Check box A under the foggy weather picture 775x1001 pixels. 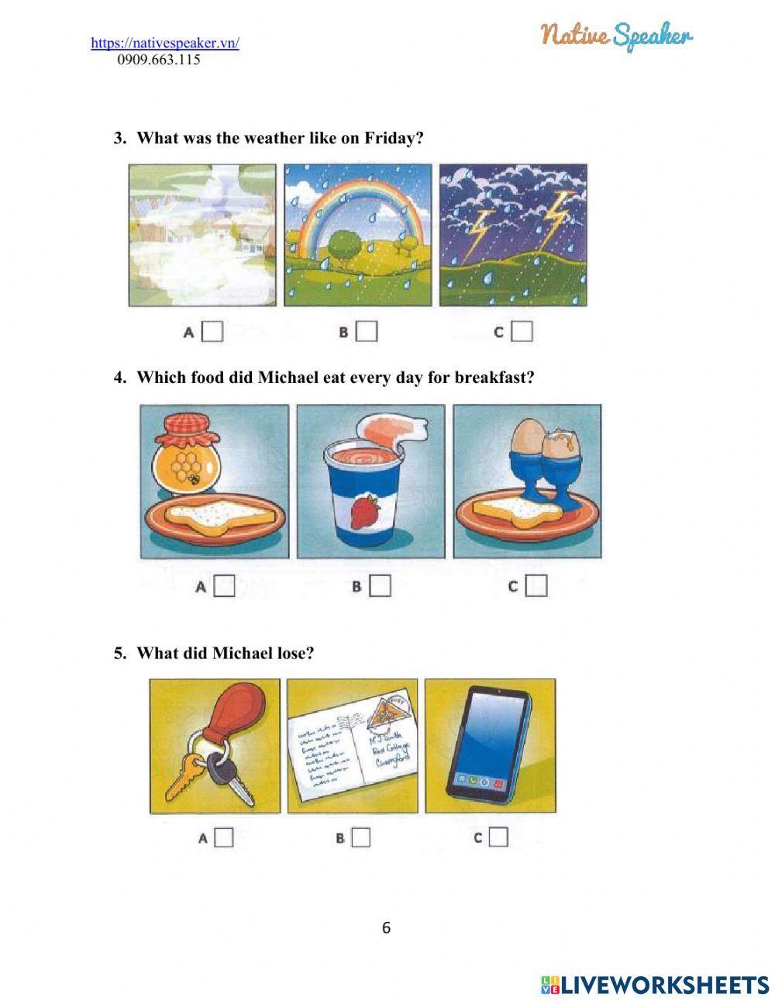pyautogui.click(x=212, y=332)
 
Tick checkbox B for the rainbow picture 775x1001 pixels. pyautogui.click(x=367, y=332)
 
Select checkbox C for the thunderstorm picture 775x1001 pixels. pyautogui.click(x=523, y=332)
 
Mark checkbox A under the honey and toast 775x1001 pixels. pyautogui.click(x=225, y=586)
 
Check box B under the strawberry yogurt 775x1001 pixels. pyautogui.click(x=380, y=586)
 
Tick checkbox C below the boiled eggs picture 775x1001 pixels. pyautogui.click(x=536, y=586)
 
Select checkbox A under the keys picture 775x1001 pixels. pyautogui.click(x=224, y=837)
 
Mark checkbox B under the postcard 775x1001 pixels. pyautogui.click(x=361, y=837)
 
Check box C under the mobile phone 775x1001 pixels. pyautogui.click(x=499, y=837)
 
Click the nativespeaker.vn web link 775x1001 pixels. pyautogui.click(x=165, y=43)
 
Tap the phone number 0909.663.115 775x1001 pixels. pyautogui.click(x=159, y=60)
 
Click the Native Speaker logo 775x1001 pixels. pyautogui.click(x=616, y=35)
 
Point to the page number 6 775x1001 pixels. pyautogui.click(x=387, y=927)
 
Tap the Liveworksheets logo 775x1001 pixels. pyautogui.click(x=655, y=985)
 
